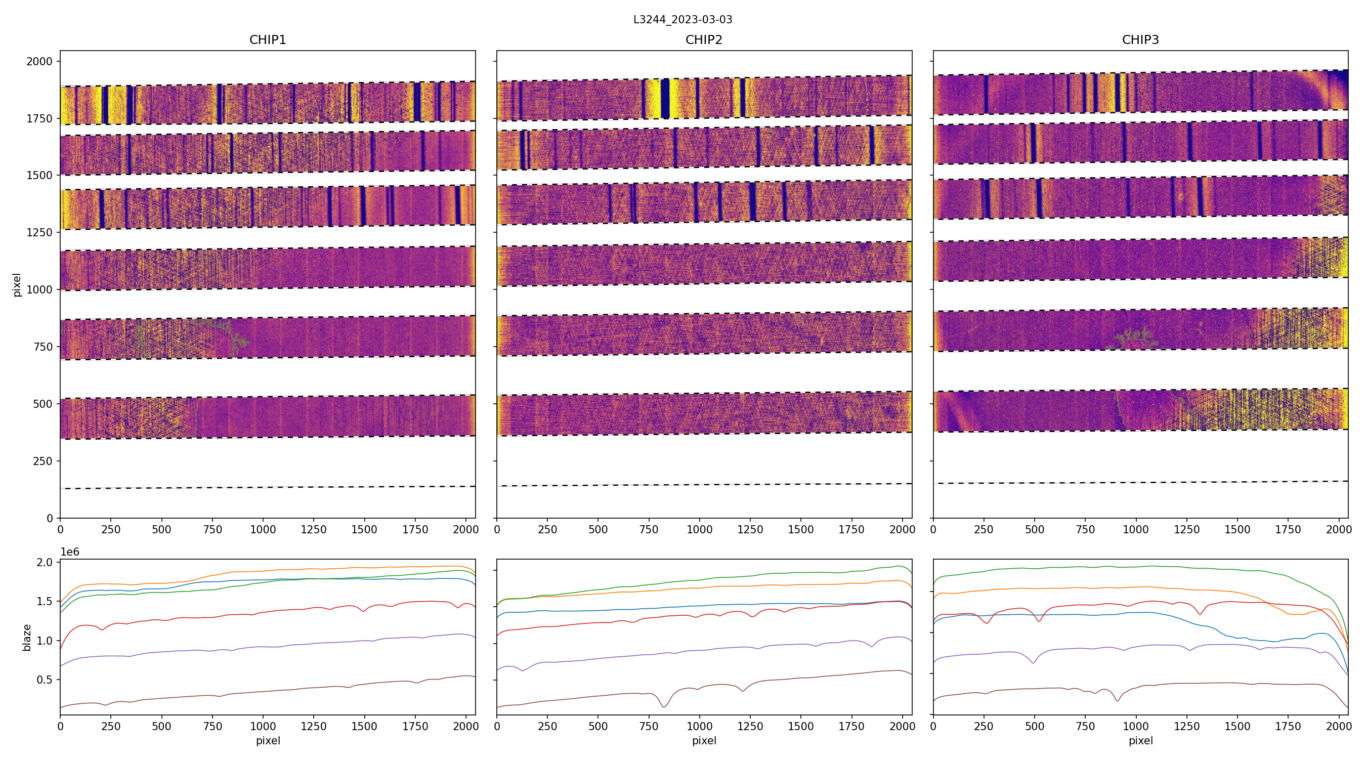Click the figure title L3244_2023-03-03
pos(682,20)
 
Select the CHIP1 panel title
pos(268,40)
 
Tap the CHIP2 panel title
pos(704,40)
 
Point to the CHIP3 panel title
pos(1140,40)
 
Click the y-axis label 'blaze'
pos(26,637)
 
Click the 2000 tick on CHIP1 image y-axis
pos(40,62)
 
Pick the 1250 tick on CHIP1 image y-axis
pos(40,232)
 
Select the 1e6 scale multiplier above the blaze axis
pos(69,552)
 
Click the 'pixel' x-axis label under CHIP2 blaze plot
pos(704,740)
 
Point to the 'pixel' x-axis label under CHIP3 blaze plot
pos(1140,740)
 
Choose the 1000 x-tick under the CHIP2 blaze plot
pos(699,726)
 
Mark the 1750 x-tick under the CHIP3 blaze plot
pos(1288,726)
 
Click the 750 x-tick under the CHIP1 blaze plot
pos(212,726)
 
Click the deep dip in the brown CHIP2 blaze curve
pos(664,706)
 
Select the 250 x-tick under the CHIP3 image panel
pos(984,529)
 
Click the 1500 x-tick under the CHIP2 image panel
pos(801,529)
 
